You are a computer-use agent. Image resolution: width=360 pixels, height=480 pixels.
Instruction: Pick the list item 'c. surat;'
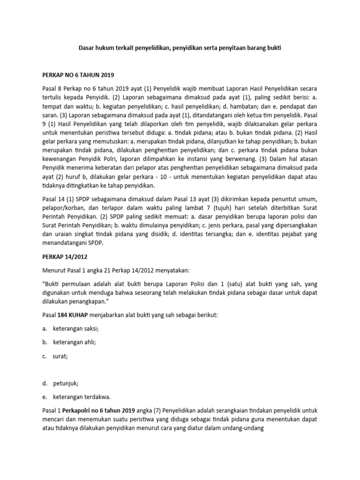click(57, 356)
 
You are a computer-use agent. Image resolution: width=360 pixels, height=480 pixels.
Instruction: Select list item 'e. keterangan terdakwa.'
click(79, 397)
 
